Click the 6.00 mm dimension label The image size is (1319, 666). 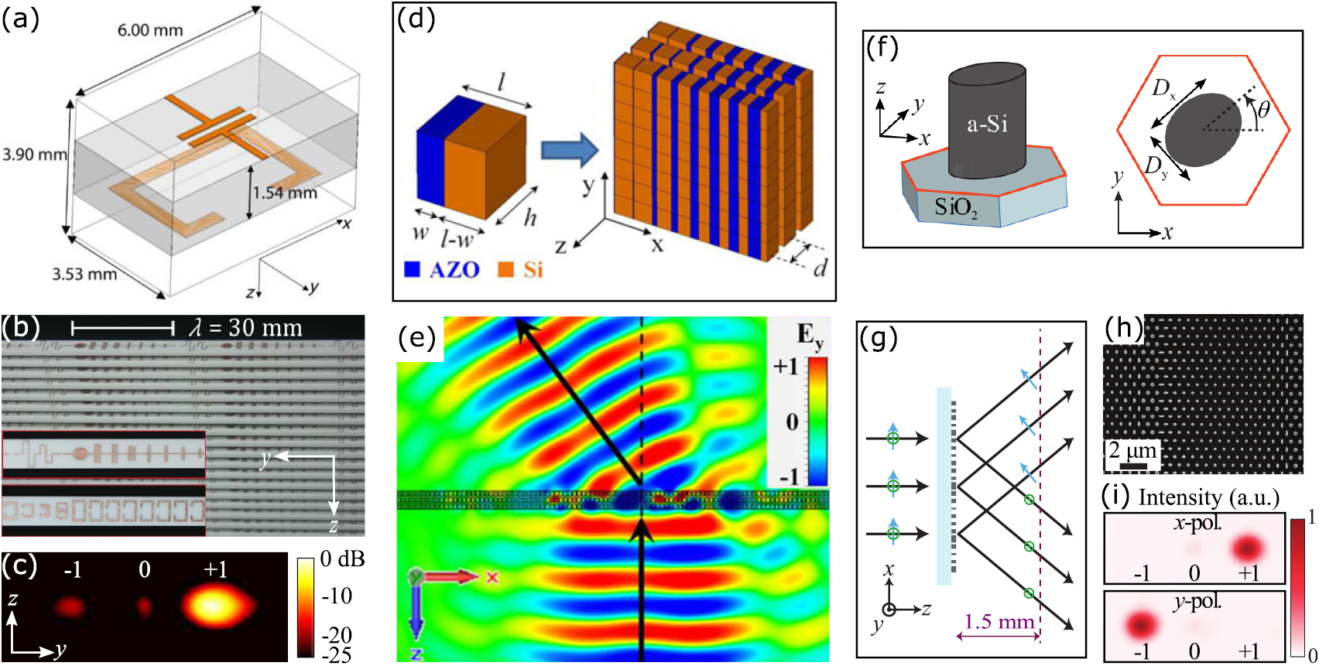[x=150, y=31]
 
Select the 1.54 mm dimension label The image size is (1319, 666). [x=286, y=193]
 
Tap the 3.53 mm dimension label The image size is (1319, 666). [x=84, y=274]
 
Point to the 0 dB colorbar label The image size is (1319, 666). [x=342, y=558]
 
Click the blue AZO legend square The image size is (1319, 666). [x=413, y=270]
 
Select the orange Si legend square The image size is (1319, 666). [x=506, y=270]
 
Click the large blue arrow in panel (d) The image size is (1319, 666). [x=569, y=149]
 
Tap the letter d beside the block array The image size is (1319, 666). [x=821, y=268]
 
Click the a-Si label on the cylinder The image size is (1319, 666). [x=987, y=125]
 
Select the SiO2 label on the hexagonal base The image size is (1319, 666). [x=955, y=207]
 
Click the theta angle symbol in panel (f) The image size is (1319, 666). [x=1263, y=111]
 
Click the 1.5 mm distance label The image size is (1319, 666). [x=999, y=621]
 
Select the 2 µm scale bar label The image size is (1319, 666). [x=1132, y=450]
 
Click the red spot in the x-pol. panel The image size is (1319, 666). [x=1247, y=548]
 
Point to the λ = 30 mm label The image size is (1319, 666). [x=245, y=328]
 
